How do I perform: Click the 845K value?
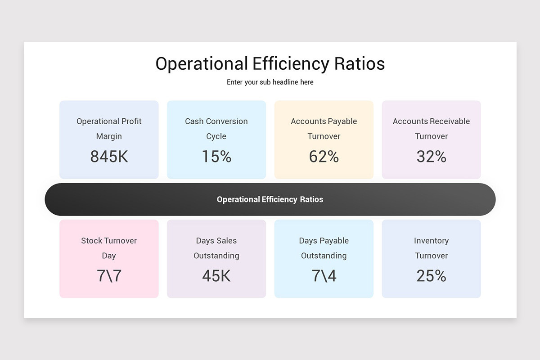(x=109, y=157)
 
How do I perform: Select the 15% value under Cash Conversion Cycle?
(x=216, y=157)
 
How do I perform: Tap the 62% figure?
(x=324, y=157)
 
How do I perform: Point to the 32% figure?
(x=431, y=157)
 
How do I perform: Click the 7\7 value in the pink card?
(x=109, y=276)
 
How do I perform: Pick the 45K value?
(x=216, y=276)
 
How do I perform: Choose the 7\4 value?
(x=324, y=276)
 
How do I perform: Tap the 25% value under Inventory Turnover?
(x=431, y=276)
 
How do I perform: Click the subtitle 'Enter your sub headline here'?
(x=270, y=82)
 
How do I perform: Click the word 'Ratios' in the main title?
(x=359, y=64)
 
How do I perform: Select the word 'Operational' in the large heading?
(x=201, y=64)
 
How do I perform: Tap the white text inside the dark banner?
(x=270, y=199)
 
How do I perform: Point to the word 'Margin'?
(x=109, y=136)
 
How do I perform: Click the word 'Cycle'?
(x=216, y=136)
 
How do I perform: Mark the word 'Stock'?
(x=91, y=241)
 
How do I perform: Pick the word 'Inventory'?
(x=431, y=241)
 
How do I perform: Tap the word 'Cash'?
(x=194, y=121)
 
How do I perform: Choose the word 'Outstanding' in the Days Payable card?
(x=324, y=256)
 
